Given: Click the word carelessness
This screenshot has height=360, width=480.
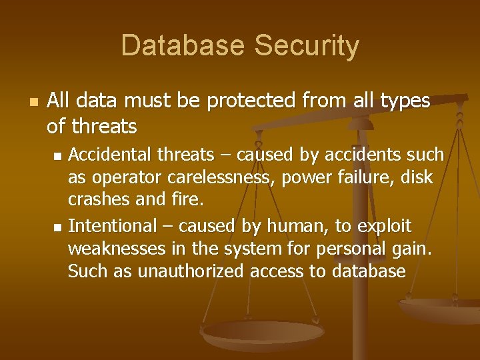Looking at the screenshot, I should pyautogui.click(x=219, y=177).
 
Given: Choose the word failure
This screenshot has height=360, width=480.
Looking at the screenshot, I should pyautogui.click(x=364, y=177).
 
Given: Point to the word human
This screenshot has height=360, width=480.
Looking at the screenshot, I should pyautogui.click(x=292, y=226).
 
